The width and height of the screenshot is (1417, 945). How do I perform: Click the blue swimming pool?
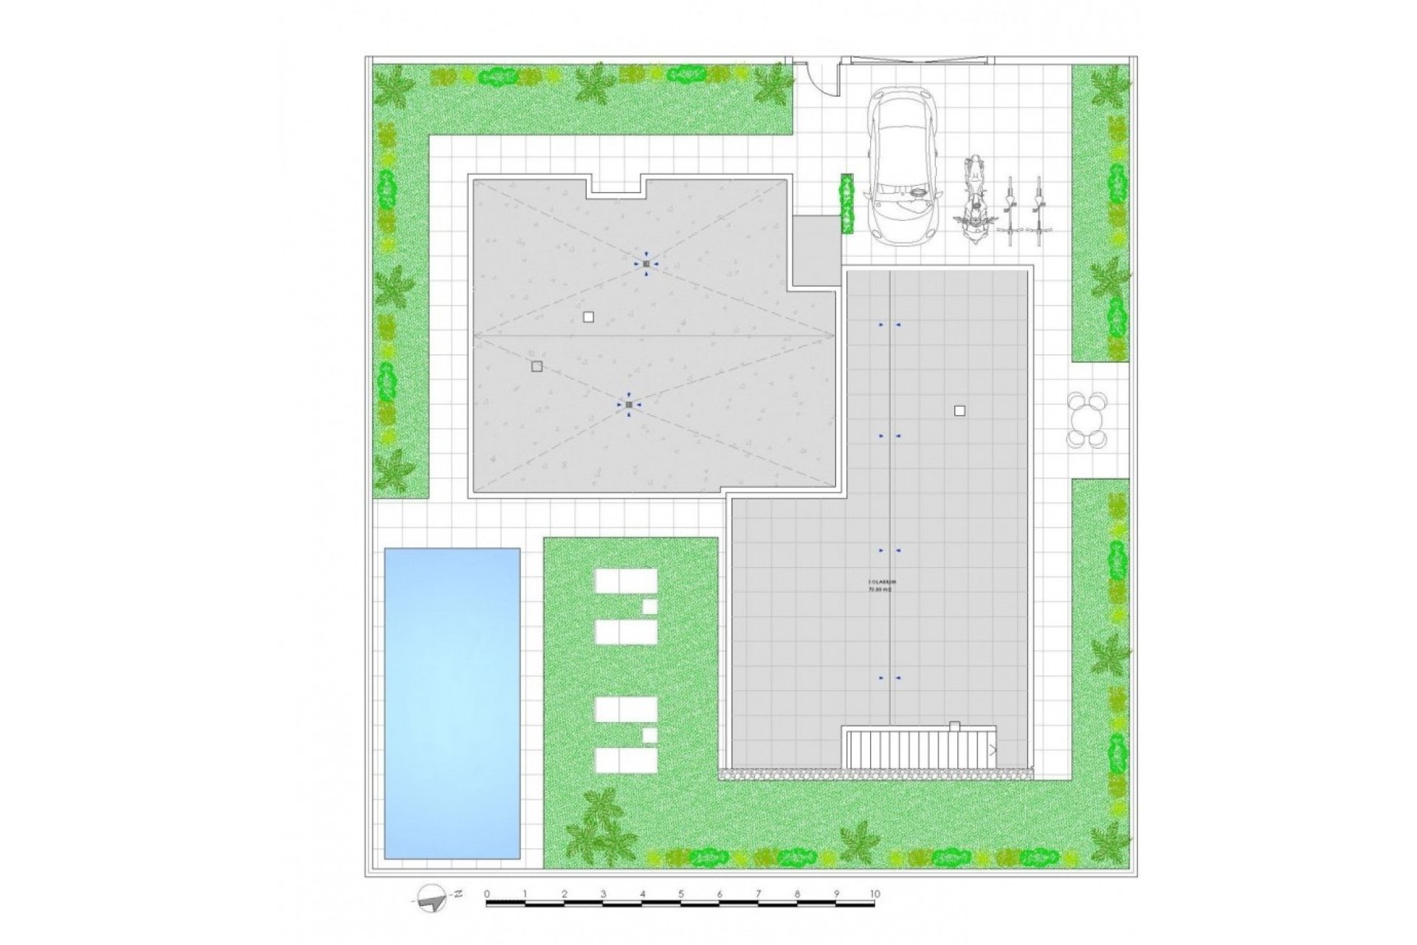click(452, 702)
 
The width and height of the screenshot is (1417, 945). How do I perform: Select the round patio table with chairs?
click(1086, 420)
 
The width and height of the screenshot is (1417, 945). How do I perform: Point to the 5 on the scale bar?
click(680, 894)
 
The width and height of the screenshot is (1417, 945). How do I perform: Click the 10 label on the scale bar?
click(875, 894)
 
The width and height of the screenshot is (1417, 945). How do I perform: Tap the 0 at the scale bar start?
click(487, 894)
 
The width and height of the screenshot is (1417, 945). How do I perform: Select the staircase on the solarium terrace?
click(918, 748)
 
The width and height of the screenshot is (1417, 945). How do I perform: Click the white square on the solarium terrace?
click(959, 410)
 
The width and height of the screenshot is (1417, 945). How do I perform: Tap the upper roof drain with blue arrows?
click(646, 264)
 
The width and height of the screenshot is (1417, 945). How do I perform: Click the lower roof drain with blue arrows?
click(628, 405)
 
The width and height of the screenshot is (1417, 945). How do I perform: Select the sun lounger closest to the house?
click(626, 581)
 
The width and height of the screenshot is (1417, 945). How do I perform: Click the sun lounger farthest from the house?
click(626, 760)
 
